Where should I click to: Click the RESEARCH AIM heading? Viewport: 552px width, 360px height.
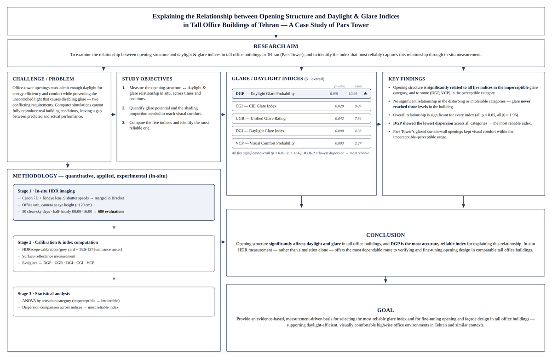276,46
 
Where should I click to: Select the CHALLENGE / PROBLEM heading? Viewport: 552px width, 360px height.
43,79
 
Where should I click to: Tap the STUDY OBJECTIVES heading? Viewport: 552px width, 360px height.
147,79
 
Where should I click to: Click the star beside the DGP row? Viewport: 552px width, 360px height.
365,94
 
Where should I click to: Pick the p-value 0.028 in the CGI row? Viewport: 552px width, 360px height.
339,106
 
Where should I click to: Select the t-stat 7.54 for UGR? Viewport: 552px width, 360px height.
358,119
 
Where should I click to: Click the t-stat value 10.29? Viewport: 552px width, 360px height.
353,94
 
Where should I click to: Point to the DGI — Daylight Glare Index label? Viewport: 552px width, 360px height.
260,131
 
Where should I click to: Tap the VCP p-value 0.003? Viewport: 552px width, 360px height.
339,143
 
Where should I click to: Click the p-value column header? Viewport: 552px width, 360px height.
339,86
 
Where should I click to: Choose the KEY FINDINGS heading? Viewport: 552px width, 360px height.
407,79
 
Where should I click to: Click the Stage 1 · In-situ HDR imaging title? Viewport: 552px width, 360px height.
46,191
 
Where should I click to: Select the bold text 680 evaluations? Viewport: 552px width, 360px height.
111,211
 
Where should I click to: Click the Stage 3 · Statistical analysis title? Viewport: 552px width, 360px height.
44,293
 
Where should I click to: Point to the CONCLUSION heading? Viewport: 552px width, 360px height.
385,235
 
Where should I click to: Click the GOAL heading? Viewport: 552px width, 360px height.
385,310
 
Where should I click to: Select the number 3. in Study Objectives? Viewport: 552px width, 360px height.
124,122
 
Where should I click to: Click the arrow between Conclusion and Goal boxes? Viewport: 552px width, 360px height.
385,280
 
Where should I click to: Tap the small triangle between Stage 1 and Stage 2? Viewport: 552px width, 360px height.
114,228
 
